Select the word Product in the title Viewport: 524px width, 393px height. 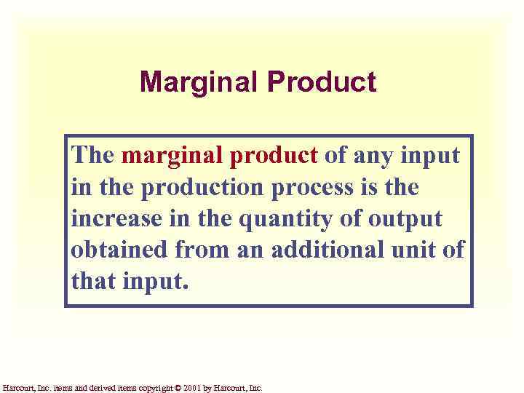[x=322, y=82]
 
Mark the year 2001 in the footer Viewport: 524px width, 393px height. [x=190, y=389]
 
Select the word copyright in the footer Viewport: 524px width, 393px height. [x=151, y=389]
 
